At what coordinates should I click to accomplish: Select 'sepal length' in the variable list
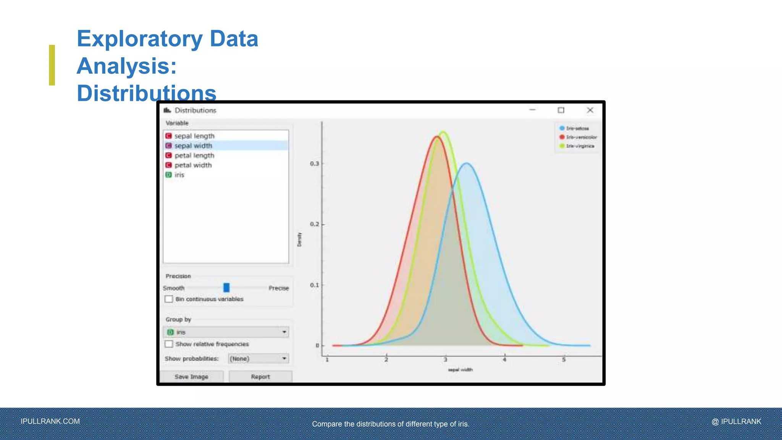coord(194,136)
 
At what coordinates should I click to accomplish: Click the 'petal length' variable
coord(194,155)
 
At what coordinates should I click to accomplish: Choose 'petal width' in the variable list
coord(193,165)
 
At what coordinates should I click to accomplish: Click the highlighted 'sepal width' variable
coord(193,146)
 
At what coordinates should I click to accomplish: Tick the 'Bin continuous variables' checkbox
coord(169,299)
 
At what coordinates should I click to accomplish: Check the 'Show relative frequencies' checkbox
coord(169,344)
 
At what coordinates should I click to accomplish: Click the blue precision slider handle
coord(226,287)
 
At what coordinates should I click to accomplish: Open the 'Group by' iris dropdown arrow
coord(284,332)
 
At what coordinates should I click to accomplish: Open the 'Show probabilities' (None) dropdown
coord(259,358)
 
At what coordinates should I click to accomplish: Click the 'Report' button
coord(260,377)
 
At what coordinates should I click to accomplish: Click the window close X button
coord(590,110)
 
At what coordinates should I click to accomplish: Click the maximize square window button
coord(561,110)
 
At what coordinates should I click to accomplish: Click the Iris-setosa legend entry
coord(577,128)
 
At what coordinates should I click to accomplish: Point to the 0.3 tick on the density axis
coord(315,163)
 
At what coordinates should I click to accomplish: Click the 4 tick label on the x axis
coord(504,359)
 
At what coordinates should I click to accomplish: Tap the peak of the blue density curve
coord(467,163)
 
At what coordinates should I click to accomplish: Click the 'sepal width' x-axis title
coord(460,370)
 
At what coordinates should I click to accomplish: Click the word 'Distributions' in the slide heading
coord(147,93)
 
